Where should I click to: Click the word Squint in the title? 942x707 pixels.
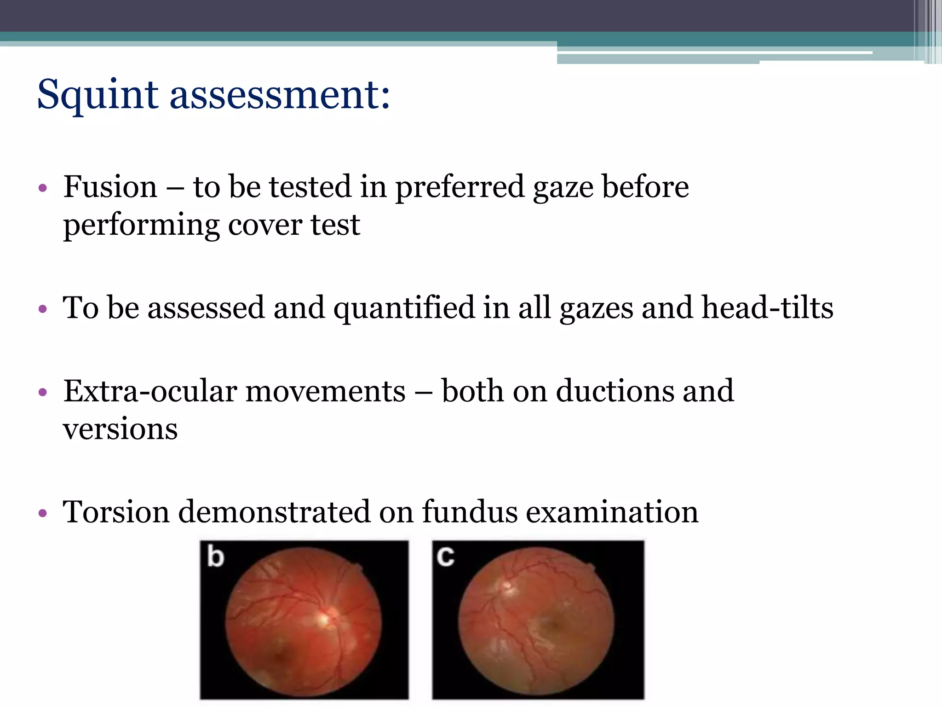[98, 95]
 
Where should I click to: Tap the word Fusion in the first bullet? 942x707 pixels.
[110, 187]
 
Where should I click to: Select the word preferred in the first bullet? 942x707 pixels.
[460, 188]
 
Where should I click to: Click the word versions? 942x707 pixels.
[120, 429]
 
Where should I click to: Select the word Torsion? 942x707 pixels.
[116, 512]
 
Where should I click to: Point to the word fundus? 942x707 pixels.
[470, 512]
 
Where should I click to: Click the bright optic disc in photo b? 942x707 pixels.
[324, 619]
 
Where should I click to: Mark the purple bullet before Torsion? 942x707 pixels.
[43, 513]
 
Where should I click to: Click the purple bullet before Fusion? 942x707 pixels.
[43, 188]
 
